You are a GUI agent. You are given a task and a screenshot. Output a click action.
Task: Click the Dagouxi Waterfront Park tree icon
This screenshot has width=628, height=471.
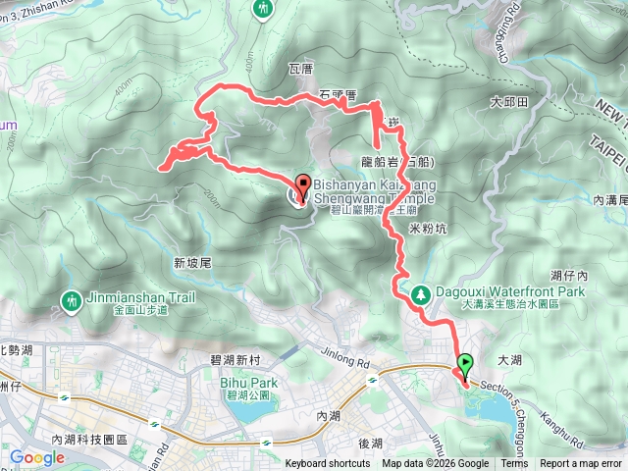(421, 292)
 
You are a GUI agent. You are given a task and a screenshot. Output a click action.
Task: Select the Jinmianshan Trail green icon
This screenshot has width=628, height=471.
(71, 298)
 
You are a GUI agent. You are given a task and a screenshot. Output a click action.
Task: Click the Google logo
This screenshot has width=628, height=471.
(37, 457)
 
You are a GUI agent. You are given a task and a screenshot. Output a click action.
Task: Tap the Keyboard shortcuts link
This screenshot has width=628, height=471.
(328, 464)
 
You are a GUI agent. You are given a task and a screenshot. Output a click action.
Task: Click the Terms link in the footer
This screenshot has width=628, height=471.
(514, 464)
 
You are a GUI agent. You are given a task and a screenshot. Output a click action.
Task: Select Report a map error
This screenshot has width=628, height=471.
(581, 464)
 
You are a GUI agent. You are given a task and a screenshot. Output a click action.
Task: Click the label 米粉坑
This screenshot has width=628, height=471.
(427, 228)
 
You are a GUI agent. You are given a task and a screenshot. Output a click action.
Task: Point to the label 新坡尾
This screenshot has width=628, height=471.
(192, 262)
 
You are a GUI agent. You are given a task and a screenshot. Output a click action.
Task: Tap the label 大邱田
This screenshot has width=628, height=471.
(510, 102)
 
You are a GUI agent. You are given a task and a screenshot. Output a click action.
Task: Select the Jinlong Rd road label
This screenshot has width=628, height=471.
(346, 356)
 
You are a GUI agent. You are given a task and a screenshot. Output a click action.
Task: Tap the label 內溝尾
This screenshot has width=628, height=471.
(609, 199)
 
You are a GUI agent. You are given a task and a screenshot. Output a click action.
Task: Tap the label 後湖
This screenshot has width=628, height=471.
(369, 444)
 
